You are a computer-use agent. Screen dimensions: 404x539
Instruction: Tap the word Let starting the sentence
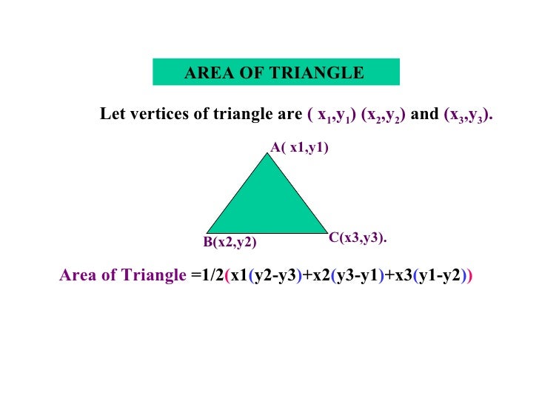pyautogui.click(x=111, y=115)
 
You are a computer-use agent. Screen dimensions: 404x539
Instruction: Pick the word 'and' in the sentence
pyautogui.click(x=423, y=115)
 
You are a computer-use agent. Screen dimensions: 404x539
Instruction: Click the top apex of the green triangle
pyautogui.click(x=267, y=152)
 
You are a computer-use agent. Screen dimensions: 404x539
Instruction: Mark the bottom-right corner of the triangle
pyautogui.click(x=327, y=232)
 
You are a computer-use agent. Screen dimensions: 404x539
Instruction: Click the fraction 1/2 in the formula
pyautogui.click(x=212, y=276)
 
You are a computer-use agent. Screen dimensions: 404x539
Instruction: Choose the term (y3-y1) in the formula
pyautogui.click(x=357, y=276)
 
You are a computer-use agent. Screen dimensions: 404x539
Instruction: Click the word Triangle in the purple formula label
pyautogui.click(x=153, y=276)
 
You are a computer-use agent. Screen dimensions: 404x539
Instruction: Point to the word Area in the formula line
pyautogui.click(x=76, y=276)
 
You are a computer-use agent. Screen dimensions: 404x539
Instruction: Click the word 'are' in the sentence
pyautogui.click(x=289, y=115)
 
